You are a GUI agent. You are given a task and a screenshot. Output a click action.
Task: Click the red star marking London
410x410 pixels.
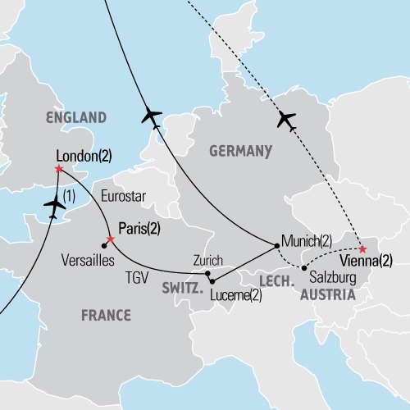coord(58,169)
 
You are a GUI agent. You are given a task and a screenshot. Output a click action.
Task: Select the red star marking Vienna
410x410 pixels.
coord(363,247)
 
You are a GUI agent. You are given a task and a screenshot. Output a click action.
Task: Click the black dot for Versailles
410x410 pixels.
coord(103,244)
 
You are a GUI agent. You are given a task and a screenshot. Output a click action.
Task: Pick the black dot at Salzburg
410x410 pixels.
coord(303,268)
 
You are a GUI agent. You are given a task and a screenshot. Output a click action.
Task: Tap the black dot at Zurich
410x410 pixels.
coord(208,273)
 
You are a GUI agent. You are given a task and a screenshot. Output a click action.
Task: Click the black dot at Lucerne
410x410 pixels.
coord(212,281)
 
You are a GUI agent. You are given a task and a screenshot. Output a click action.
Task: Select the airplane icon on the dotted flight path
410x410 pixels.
coord(286,119)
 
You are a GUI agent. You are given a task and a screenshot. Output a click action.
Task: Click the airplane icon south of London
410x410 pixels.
coord(55,208)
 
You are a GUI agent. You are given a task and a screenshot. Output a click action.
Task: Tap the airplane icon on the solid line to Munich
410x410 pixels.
coord(151,116)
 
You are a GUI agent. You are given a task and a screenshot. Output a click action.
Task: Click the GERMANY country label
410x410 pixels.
coord(240,152)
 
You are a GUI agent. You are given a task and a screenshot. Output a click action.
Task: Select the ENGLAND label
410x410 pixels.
coord(77,117)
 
